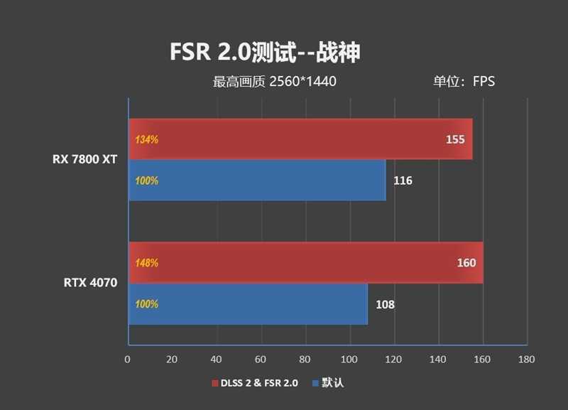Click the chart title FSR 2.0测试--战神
pyautogui.click(x=266, y=52)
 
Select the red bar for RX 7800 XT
pyautogui.click(x=298, y=139)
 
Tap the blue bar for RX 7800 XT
pyautogui.click(x=256, y=180)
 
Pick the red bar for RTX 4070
pyautogui.click(x=305, y=263)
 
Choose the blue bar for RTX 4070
pyautogui.click(x=248, y=304)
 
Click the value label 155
pyautogui.click(x=455, y=139)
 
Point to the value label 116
pyautogui.click(x=403, y=180)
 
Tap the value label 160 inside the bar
pyautogui.click(x=466, y=263)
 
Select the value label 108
pyautogui.click(x=385, y=305)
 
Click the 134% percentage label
pyautogui.click(x=146, y=139)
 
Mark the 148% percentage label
pyautogui.click(x=146, y=263)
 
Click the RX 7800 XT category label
pyautogui.click(x=84, y=159)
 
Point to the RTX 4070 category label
pyautogui.click(x=91, y=283)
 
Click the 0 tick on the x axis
pyautogui.click(x=127, y=360)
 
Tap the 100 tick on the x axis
pyautogui.click(x=349, y=360)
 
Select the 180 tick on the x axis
pyautogui.click(x=526, y=360)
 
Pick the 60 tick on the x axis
pyautogui.click(x=261, y=360)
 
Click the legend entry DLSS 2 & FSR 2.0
pyautogui.click(x=256, y=384)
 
